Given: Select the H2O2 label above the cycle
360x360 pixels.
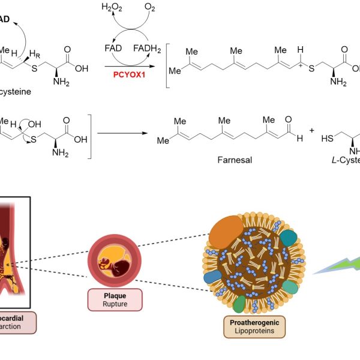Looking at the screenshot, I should [112, 8].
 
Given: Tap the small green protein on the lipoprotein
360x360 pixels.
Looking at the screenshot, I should [239, 304].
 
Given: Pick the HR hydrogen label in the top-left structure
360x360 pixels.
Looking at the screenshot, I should [34, 55].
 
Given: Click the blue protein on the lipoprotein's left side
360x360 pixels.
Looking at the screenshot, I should [213, 277].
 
